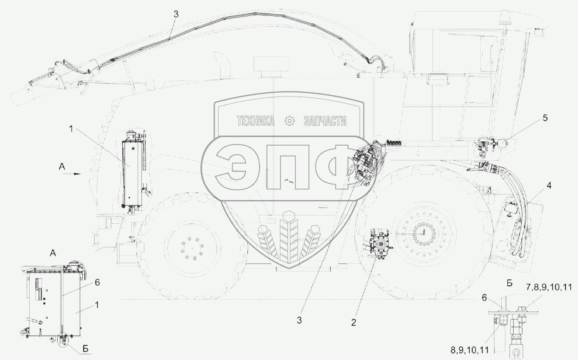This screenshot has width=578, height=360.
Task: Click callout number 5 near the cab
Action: pos(545,118)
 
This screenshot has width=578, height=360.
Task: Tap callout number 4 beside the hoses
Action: pos(549,185)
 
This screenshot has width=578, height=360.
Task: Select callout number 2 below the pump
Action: pos(353,322)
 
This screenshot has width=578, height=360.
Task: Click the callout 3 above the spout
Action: pos(176,14)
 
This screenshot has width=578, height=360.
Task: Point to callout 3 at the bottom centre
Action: pos(299,320)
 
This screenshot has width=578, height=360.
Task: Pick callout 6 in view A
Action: pos(97,283)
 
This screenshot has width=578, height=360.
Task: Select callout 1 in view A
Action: pos(97,305)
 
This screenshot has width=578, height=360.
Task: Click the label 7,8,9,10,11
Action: pos(548,287)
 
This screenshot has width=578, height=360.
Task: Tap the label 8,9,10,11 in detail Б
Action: pos(470,350)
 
